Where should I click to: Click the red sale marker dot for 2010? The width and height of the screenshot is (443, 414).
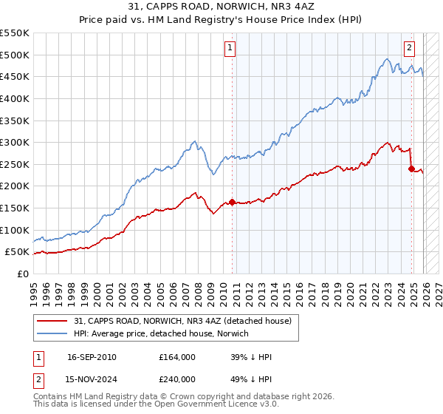tap(232, 202)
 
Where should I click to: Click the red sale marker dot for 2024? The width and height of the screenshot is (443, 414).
tap(411, 169)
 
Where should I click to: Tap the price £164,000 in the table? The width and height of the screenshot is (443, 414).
tap(177, 357)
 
